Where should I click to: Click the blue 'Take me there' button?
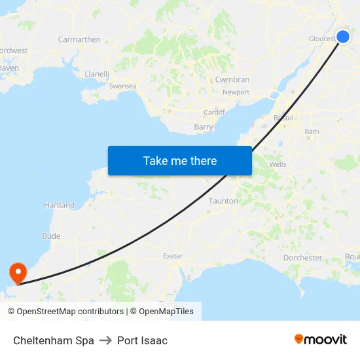(x=180, y=160)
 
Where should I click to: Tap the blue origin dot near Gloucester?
(x=343, y=37)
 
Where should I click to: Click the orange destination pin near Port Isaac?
(x=16, y=272)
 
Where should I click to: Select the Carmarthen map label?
(x=79, y=39)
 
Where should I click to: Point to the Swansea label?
(x=122, y=86)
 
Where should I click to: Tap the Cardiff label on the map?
(x=214, y=113)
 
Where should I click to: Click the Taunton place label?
(x=223, y=201)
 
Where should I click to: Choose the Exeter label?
(x=173, y=256)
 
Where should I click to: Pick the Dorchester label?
(x=302, y=258)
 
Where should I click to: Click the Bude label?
(x=51, y=236)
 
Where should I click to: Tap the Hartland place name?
(x=59, y=206)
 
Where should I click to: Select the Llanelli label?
(x=97, y=74)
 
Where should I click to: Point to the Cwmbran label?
(x=232, y=79)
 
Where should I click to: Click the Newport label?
(x=236, y=92)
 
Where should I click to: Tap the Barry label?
(x=204, y=127)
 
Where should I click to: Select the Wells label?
(x=278, y=165)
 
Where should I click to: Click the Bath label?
(x=312, y=132)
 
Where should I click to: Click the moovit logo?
(x=320, y=340)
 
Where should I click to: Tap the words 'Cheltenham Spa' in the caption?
(x=54, y=340)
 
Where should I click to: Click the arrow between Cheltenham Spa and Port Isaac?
(x=105, y=340)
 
